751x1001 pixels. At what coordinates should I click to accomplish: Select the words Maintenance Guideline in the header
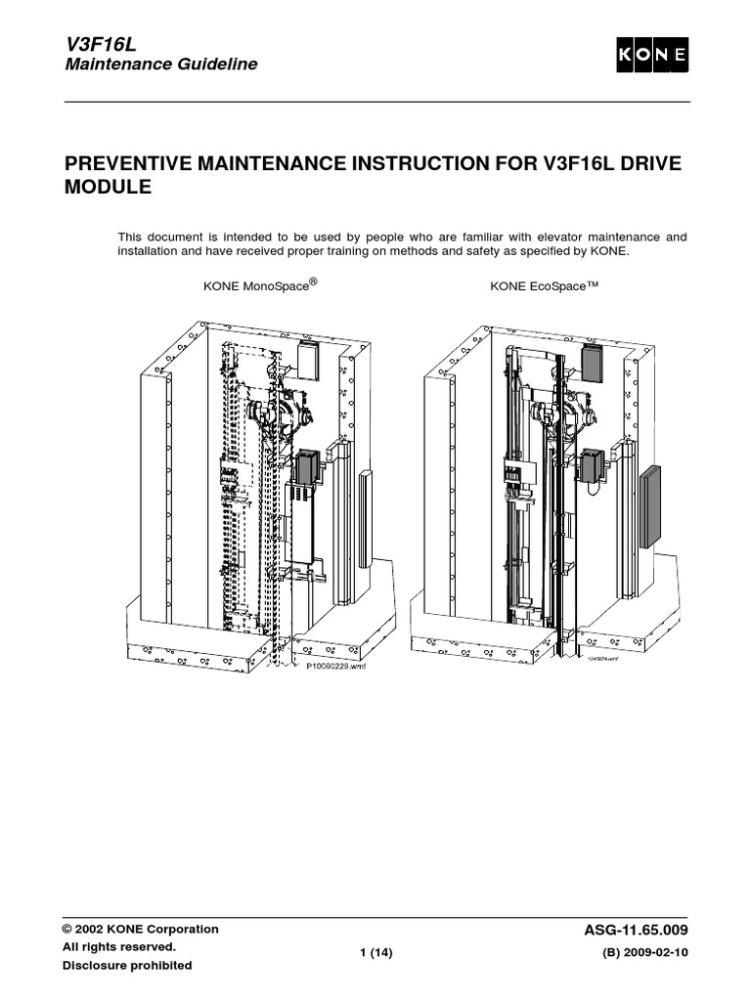[161, 65]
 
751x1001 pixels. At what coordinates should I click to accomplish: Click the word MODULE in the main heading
[108, 186]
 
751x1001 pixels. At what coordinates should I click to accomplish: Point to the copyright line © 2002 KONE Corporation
[141, 930]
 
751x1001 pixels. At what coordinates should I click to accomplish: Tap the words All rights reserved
[119, 947]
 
